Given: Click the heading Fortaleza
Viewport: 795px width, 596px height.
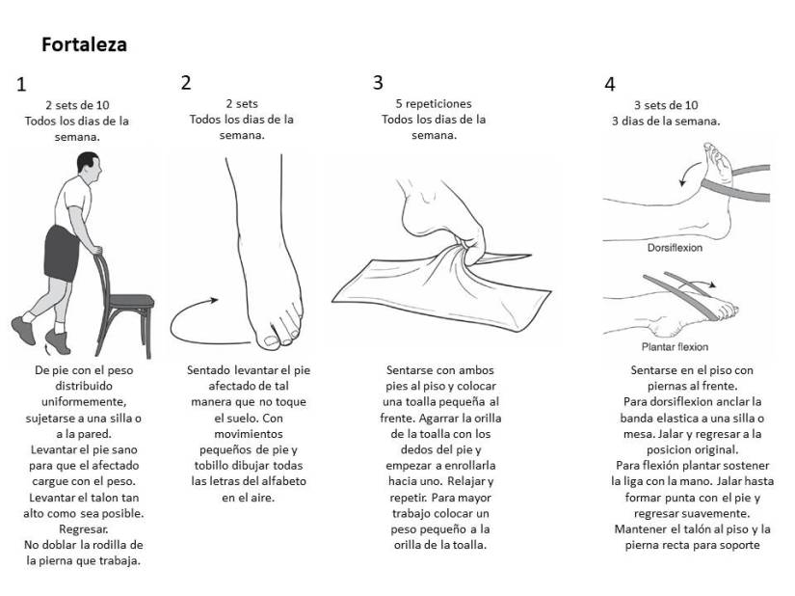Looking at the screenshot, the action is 84,44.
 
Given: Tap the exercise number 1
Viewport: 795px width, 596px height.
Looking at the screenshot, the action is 21,84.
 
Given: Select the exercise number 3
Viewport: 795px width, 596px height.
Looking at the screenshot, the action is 378,83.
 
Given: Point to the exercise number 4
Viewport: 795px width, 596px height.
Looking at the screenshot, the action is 610,84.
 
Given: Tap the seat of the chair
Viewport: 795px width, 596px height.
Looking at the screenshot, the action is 131,301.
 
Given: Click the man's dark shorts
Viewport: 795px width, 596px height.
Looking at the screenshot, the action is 62,254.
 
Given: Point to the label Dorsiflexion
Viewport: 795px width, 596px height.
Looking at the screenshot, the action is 675,248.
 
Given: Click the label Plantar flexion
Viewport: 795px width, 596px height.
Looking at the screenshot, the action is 675,347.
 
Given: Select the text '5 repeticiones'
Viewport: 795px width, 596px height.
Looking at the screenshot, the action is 434,104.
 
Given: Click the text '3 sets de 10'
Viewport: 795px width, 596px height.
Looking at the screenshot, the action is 666,105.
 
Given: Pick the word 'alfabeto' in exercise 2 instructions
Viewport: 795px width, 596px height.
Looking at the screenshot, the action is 283,481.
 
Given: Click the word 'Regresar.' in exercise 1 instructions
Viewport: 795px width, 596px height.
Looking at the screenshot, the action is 84,529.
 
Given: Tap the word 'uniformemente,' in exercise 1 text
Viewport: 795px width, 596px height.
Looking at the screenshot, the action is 84,402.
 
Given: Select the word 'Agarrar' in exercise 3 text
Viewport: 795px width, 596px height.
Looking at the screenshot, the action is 438,419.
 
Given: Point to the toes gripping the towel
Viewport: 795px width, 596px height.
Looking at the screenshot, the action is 469,250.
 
